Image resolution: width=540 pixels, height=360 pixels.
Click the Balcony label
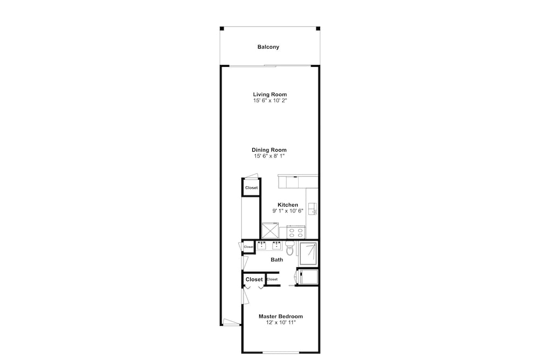pyautogui.click(x=268, y=47)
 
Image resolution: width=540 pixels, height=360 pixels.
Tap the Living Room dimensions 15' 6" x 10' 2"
pyautogui.click(x=270, y=101)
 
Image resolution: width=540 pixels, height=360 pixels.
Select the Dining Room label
pyautogui.click(x=269, y=150)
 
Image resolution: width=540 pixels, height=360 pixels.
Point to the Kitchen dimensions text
pyautogui.click(x=288, y=211)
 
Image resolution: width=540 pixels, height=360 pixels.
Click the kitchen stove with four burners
pyautogui.click(x=296, y=232)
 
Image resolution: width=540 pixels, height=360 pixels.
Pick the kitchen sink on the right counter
pyautogui.click(x=312, y=209)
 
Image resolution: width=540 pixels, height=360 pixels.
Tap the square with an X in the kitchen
pyautogui.click(x=271, y=230)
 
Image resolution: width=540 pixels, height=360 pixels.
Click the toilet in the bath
pyautogui.click(x=289, y=248)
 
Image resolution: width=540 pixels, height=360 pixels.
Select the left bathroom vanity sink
pyautogui.click(x=262, y=246)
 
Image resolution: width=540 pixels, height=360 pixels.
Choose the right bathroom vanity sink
pyautogui.click(x=276, y=246)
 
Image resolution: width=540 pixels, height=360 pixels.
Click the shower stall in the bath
pyautogui.click(x=308, y=254)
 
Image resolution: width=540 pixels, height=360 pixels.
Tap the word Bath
pyautogui.click(x=277, y=260)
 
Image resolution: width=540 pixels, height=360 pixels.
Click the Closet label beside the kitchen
pyautogui.click(x=252, y=188)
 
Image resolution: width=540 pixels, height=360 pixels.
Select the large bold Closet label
pyautogui.click(x=254, y=280)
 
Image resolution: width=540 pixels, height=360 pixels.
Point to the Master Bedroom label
pyautogui.click(x=281, y=316)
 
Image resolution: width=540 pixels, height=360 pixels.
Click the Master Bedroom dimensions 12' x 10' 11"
pyautogui.click(x=281, y=323)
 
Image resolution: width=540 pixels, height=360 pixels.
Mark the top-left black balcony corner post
pyautogui.click(x=222, y=29)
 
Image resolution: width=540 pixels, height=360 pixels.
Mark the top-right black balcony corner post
pyautogui.click(x=318, y=29)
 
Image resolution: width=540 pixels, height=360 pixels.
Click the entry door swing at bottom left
pyautogui.click(x=231, y=322)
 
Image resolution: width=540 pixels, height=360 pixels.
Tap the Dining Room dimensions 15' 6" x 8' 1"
pyautogui.click(x=269, y=157)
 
